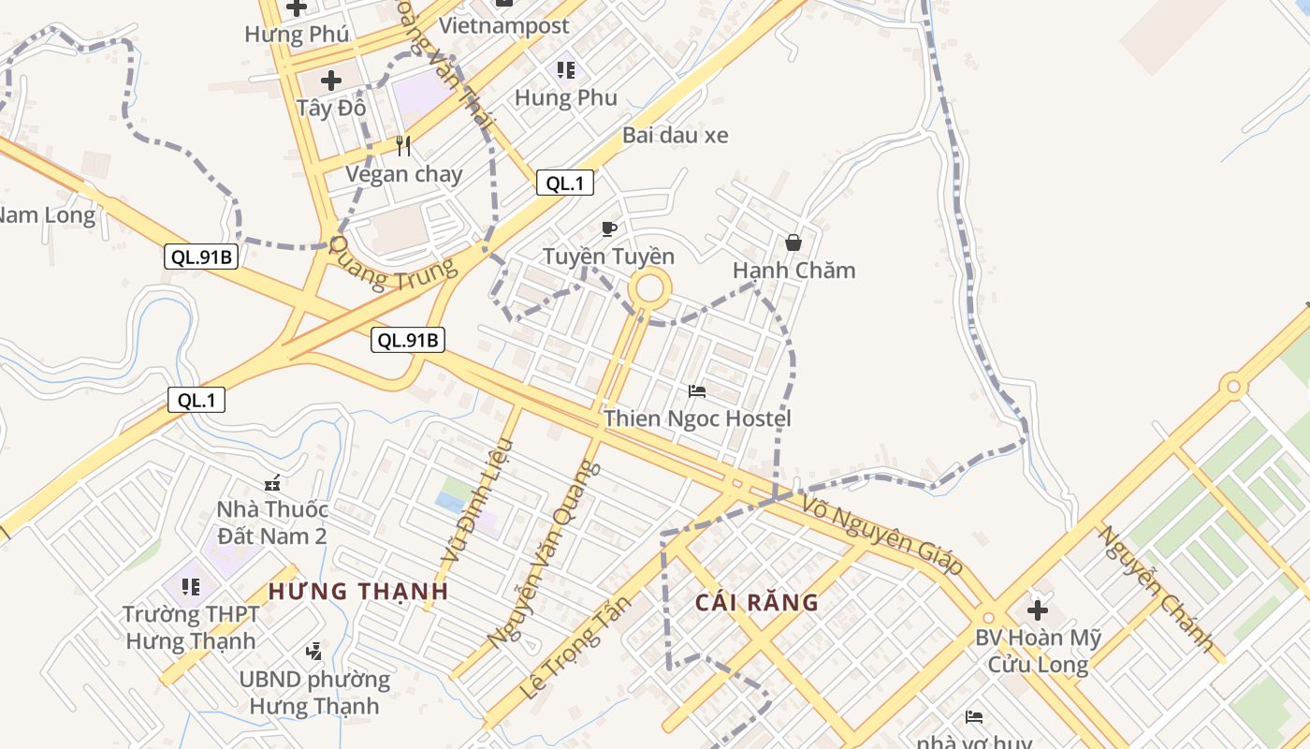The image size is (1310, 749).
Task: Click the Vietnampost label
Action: click(504, 25)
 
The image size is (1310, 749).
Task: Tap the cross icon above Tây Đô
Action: click(331, 81)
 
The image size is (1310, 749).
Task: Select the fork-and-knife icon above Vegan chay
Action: click(403, 146)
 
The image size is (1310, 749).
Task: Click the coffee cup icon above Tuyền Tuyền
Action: click(609, 229)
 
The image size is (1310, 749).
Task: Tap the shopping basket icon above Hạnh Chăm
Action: click(793, 243)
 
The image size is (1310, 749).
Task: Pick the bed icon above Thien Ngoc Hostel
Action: click(697, 391)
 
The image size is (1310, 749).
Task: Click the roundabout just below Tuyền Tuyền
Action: click(649, 288)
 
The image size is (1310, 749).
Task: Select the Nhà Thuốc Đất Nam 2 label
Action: click(272, 522)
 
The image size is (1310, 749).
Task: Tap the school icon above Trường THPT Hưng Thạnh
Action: click(191, 587)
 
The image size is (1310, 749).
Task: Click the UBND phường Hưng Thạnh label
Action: click(314, 692)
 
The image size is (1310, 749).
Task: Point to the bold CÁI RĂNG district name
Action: click(757, 602)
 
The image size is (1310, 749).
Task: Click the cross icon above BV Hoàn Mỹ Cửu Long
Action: click(1038, 610)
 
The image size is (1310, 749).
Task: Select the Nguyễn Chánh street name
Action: click(1157, 590)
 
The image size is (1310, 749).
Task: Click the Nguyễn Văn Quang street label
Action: click(544, 554)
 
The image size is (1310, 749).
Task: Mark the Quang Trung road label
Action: click(396, 265)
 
